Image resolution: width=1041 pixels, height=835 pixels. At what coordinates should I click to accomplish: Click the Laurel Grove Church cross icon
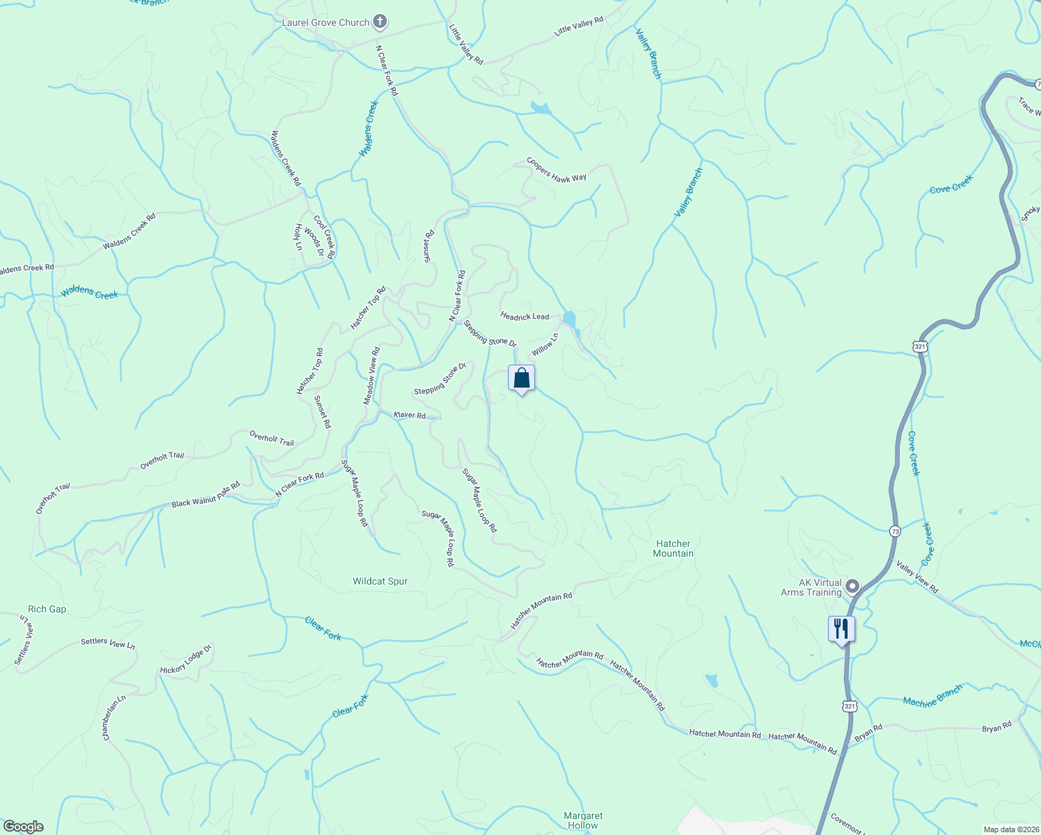pyautogui.click(x=379, y=22)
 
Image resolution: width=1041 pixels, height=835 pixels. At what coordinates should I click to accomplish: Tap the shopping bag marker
pyautogui.click(x=521, y=379)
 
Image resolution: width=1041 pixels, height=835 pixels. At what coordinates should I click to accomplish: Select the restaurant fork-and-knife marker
pyautogui.click(x=841, y=629)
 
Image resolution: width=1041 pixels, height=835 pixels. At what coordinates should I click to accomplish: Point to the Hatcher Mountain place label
pyautogui.click(x=673, y=548)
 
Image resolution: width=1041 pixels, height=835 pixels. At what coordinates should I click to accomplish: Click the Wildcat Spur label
pyautogui.click(x=380, y=581)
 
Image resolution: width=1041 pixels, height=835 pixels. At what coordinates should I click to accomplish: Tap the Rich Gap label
pyautogui.click(x=47, y=609)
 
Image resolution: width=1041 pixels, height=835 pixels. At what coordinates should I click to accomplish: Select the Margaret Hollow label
pyautogui.click(x=583, y=820)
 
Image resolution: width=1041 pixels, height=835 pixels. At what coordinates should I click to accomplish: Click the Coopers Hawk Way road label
pyautogui.click(x=556, y=170)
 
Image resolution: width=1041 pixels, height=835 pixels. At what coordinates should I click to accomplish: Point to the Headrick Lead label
pyautogui.click(x=525, y=317)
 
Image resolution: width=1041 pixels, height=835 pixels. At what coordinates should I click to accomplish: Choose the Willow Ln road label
pyautogui.click(x=545, y=345)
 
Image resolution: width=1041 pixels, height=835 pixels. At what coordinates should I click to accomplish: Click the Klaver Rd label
pyautogui.click(x=409, y=415)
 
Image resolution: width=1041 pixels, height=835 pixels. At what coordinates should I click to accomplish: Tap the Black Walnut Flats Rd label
pyautogui.click(x=205, y=494)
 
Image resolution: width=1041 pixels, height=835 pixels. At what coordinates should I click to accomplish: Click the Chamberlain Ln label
pyautogui.click(x=115, y=717)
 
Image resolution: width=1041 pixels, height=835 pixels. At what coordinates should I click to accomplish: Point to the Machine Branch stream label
pyautogui.click(x=932, y=696)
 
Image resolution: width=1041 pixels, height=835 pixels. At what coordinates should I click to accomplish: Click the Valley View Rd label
pyautogui.click(x=917, y=578)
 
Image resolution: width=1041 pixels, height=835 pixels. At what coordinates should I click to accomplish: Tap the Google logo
pyautogui.click(x=22, y=827)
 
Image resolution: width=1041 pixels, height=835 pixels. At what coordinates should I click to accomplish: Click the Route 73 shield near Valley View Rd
pyautogui.click(x=895, y=531)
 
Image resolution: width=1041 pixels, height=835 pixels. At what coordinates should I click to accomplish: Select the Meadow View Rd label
pyautogui.click(x=372, y=376)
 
